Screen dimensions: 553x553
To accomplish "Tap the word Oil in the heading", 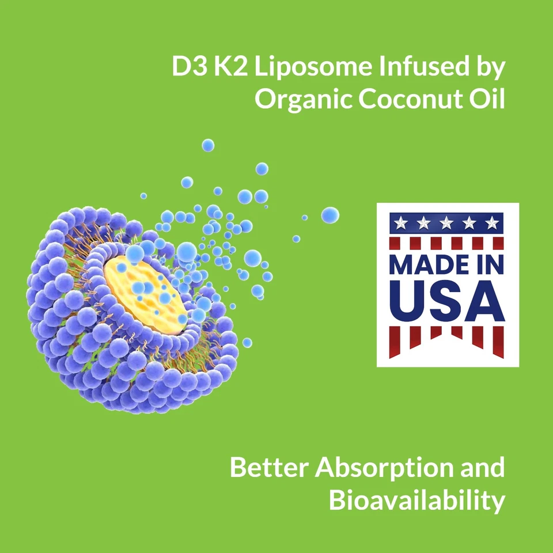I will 487,99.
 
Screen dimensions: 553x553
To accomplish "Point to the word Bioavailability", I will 417,500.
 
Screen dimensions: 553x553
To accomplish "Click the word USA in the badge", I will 448,301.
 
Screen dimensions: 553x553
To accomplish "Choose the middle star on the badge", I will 447,223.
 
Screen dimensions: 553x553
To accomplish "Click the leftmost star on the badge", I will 402,223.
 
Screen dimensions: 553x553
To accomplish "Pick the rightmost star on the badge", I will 491,223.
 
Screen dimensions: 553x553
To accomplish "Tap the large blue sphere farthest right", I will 330,215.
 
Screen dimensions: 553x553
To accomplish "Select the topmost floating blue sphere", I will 208,145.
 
